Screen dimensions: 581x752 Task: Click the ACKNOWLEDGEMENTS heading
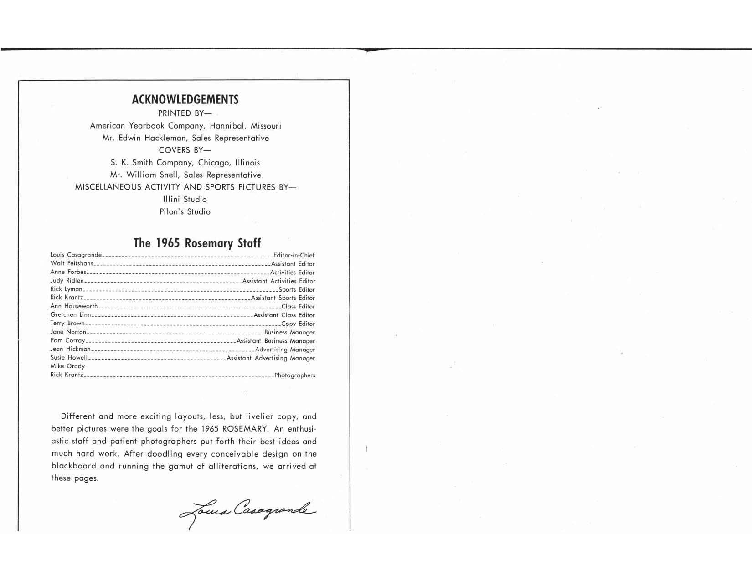click(x=185, y=100)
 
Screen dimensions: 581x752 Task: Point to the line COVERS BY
click(x=185, y=150)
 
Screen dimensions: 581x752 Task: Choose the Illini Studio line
click(x=185, y=200)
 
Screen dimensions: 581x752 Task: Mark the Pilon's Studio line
click(x=185, y=212)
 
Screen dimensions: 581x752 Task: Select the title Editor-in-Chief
click(x=294, y=256)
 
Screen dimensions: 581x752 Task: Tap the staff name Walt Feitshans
click(x=72, y=264)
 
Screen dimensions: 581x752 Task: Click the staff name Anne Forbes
click(x=68, y=272)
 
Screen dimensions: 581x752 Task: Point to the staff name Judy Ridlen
click(x=67, y=281)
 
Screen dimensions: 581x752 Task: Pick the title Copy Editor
click(x=298, y=324)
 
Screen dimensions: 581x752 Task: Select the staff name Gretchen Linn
click(x=71, y=315)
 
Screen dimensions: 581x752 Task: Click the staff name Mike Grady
click(x=67, y=366)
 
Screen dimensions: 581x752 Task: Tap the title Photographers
click(x=294, y=376)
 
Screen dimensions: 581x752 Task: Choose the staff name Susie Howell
click(x=69, y=358)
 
